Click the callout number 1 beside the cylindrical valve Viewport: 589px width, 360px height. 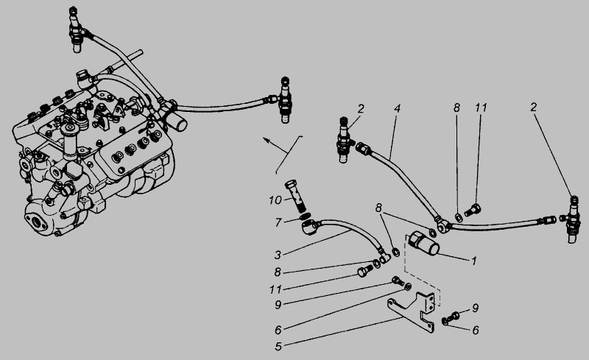pyautogui.click(x=474, y=261)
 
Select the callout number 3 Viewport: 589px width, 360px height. pyautogui.click(x=278, y=255)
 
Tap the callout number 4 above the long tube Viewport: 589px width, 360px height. pyautogui.click(x=397, y=109)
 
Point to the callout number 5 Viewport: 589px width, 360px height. pyautogui.click(x=278, y=347)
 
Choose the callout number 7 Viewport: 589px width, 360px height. pyautogui.click(x=278, y=223)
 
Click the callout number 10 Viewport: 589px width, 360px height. pyautogui.click(x=275, y=200)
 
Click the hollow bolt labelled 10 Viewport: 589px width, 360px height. pyautogui.click(x=297, y=196)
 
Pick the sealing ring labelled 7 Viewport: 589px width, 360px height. pyautogui.click(x=306, y=217)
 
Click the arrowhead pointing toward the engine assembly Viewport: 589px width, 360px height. pyautogui.click(x=267, y=140)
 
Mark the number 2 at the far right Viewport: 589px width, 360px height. pyautogui.click(x=533, y=107)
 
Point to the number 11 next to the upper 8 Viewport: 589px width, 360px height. pyautogui.click(x=481, y=108)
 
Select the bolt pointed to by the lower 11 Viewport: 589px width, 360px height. pyautogui.click(x=364, y=271)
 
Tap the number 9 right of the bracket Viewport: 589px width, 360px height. pyautogui.click(x=475, y=308)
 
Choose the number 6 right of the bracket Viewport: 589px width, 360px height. pyautogui.click(x=476, y=331)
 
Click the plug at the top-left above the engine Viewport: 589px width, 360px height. pyautogui.click(x=77, y=29)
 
